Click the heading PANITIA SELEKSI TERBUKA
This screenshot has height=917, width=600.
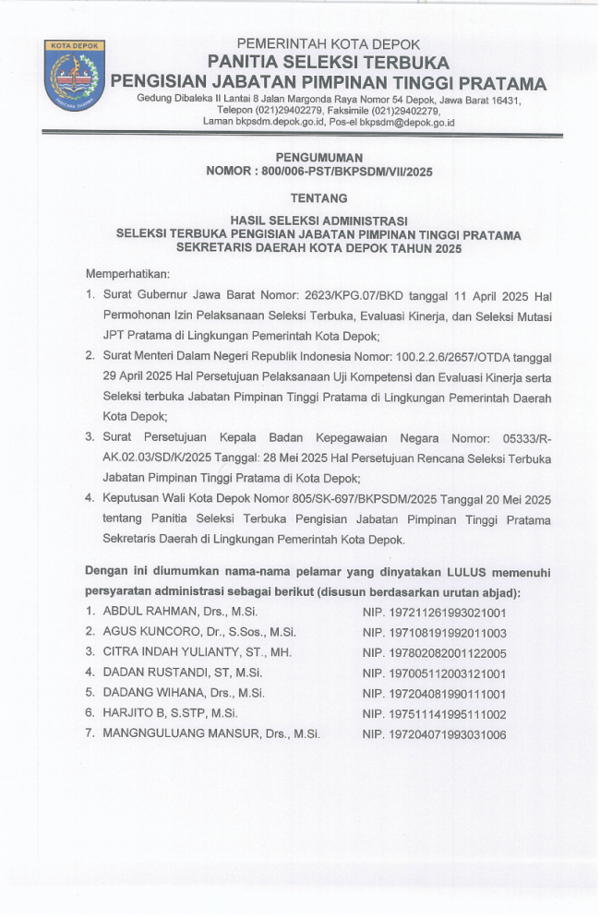(328, 63)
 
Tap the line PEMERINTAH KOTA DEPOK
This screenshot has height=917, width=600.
(329, 44)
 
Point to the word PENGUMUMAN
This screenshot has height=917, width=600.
(319, 158)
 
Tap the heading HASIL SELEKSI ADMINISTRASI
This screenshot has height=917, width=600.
(319, 222)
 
